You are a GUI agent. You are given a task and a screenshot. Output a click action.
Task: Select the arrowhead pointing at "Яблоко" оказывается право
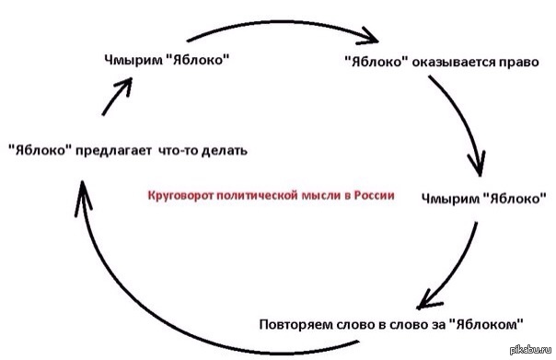tap(370, 36)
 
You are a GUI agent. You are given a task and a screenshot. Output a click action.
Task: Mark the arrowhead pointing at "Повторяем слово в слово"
tap(426, 299)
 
